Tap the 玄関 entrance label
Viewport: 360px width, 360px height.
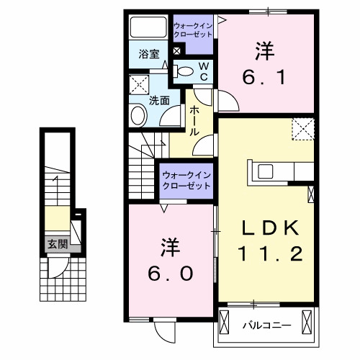tap(58, 245)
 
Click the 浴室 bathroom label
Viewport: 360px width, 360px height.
tap(148, 53)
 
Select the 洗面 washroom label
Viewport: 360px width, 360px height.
tap(158, 101)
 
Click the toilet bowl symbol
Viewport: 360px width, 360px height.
tap(184, 71)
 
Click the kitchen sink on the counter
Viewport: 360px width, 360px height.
tap(264, 171)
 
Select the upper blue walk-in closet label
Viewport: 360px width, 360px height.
tap(193, 30)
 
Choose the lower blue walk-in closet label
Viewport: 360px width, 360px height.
tap(186, 179)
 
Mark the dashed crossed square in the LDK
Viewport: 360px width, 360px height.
tap(303, 129)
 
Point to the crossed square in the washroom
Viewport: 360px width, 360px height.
tap(138, 84)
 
